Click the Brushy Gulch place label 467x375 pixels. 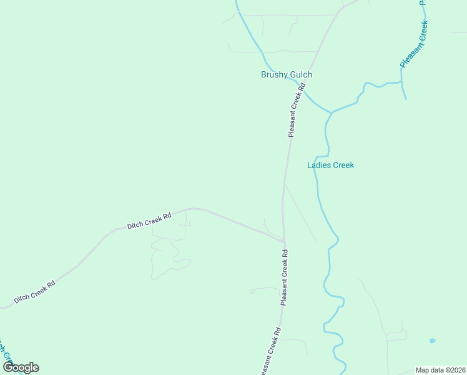(286, 74)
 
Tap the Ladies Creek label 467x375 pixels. (330, 165)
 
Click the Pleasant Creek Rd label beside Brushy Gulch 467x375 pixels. (296, 111)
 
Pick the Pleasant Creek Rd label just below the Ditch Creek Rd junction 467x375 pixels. (285, 277)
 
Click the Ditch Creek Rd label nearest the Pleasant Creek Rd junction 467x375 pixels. (149, 220)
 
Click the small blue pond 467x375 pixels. (432, 341)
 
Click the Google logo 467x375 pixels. (21, 367)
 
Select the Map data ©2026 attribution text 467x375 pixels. (440, 370)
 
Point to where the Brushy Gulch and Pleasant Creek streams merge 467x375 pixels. (332, 112)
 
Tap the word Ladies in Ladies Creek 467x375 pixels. (319, 165)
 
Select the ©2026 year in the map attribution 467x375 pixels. (453, 370)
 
